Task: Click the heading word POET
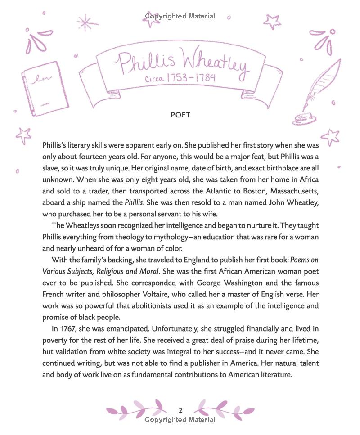(180, 115)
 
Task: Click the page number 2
(180, 410)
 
